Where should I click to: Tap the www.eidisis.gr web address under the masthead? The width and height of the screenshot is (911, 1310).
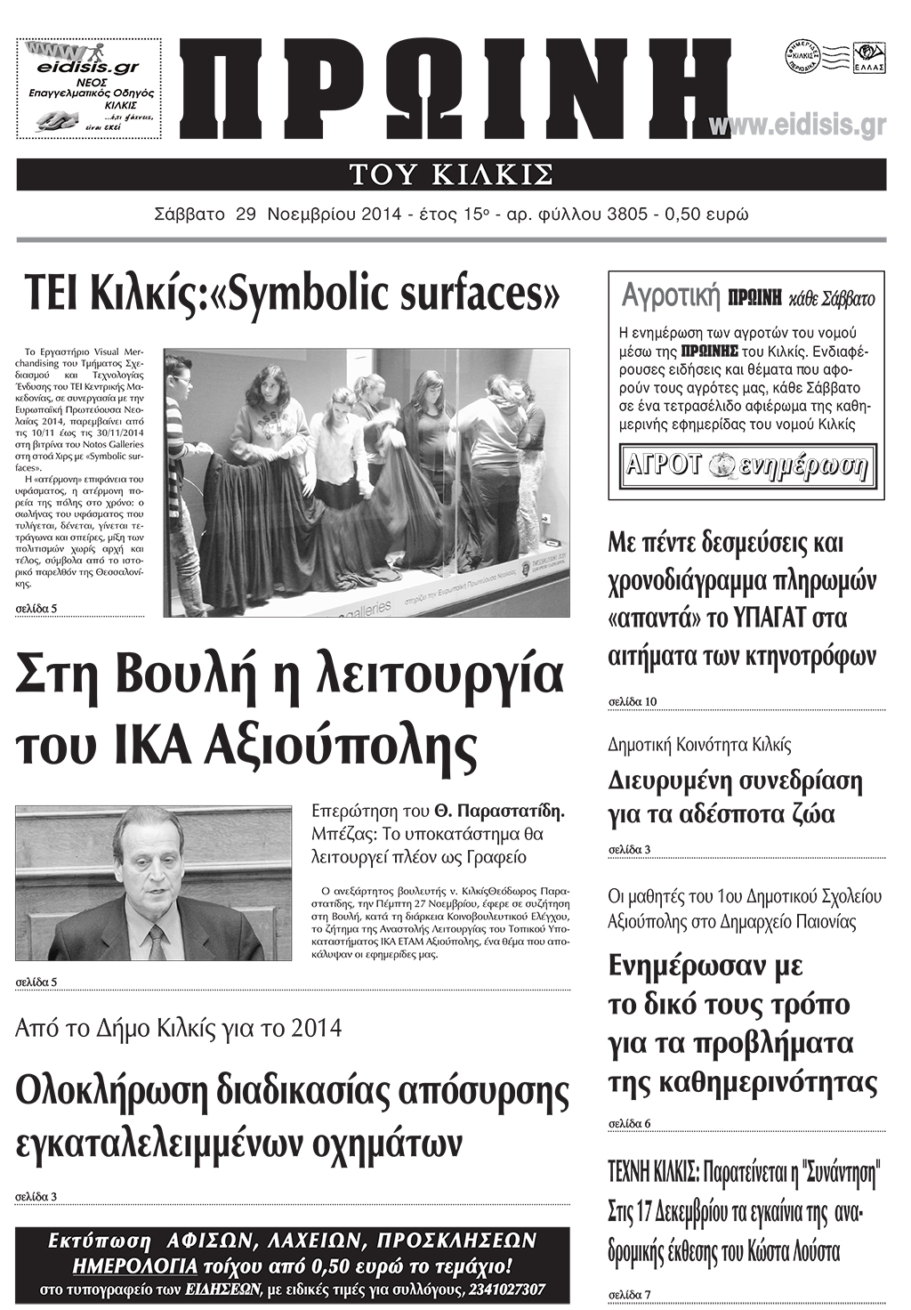(797, 126)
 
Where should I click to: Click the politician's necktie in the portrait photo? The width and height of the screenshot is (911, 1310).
(157, 940)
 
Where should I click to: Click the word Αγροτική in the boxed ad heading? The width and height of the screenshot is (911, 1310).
(670, 295)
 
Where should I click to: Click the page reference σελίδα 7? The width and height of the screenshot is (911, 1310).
(629, 1294)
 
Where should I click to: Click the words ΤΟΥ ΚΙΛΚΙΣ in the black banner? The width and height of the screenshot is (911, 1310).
(451, 174)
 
